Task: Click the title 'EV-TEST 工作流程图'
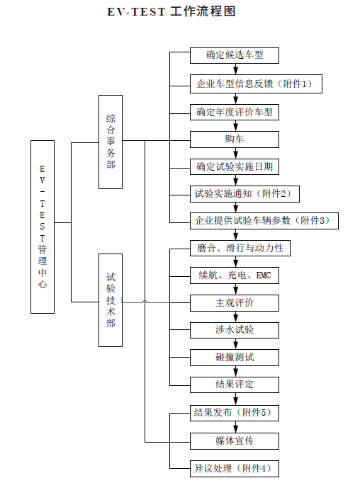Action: click(x=171, y=11)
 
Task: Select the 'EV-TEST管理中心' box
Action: click(x=43, y=227)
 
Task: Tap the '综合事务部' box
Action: click(x=111, y=142)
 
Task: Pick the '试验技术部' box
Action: click(x=111, y=300)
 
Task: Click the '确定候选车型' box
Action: click(x=235, y=55)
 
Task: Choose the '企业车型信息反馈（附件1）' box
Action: click(x=256, y=84)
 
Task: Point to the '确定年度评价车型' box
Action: click(x=235, y=112)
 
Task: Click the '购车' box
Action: click(x=235, y=140)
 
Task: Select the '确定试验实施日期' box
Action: click(x=235, y=166)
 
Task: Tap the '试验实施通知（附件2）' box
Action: click(x=244, y=194)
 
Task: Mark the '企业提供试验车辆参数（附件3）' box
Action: click(x=264, y=221)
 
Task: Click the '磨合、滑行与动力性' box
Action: click(x=240, y=248)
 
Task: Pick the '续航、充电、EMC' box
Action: click(x=235, y=275)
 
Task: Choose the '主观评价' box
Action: click(x=235, y=303)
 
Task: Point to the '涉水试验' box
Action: click(x=235, y=330)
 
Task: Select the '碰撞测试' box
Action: click(x=235, y=358)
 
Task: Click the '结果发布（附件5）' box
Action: click(x=235, y=413)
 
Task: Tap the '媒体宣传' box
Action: click(x=235, y=441)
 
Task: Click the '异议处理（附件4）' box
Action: click(x=235, y=469)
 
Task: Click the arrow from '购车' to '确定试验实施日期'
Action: click(x=235, y=153)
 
